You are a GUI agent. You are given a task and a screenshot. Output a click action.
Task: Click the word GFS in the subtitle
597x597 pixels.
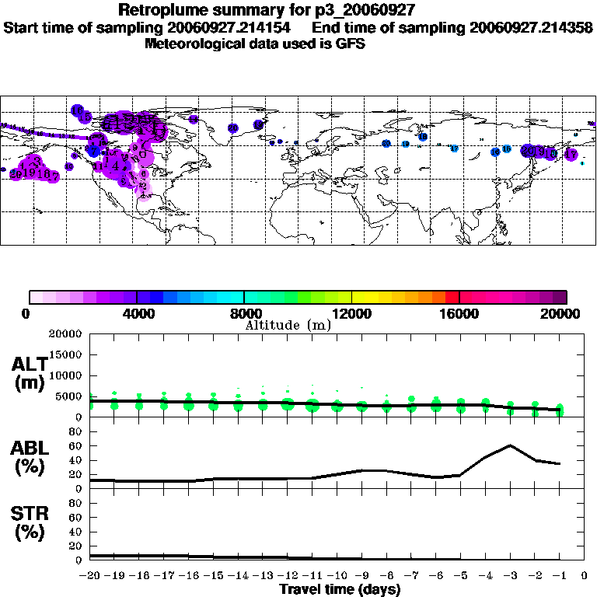pyautogui.click(x=350, y=44)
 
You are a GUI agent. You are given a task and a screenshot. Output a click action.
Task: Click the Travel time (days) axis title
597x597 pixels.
pyautogui.click(x=340, y=590)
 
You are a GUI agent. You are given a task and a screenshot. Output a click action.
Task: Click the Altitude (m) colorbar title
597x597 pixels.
pyautogui.click(x=288, y=325)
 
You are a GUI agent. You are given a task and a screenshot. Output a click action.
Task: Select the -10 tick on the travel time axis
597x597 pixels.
pyautogui.click(x=337, y=575)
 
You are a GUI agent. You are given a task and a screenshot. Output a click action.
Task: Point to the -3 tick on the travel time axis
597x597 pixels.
pyautogui.click(x=509, y=575)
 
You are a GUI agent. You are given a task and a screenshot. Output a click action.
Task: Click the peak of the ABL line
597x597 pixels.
pyautogui.click(x=510, y=445)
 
